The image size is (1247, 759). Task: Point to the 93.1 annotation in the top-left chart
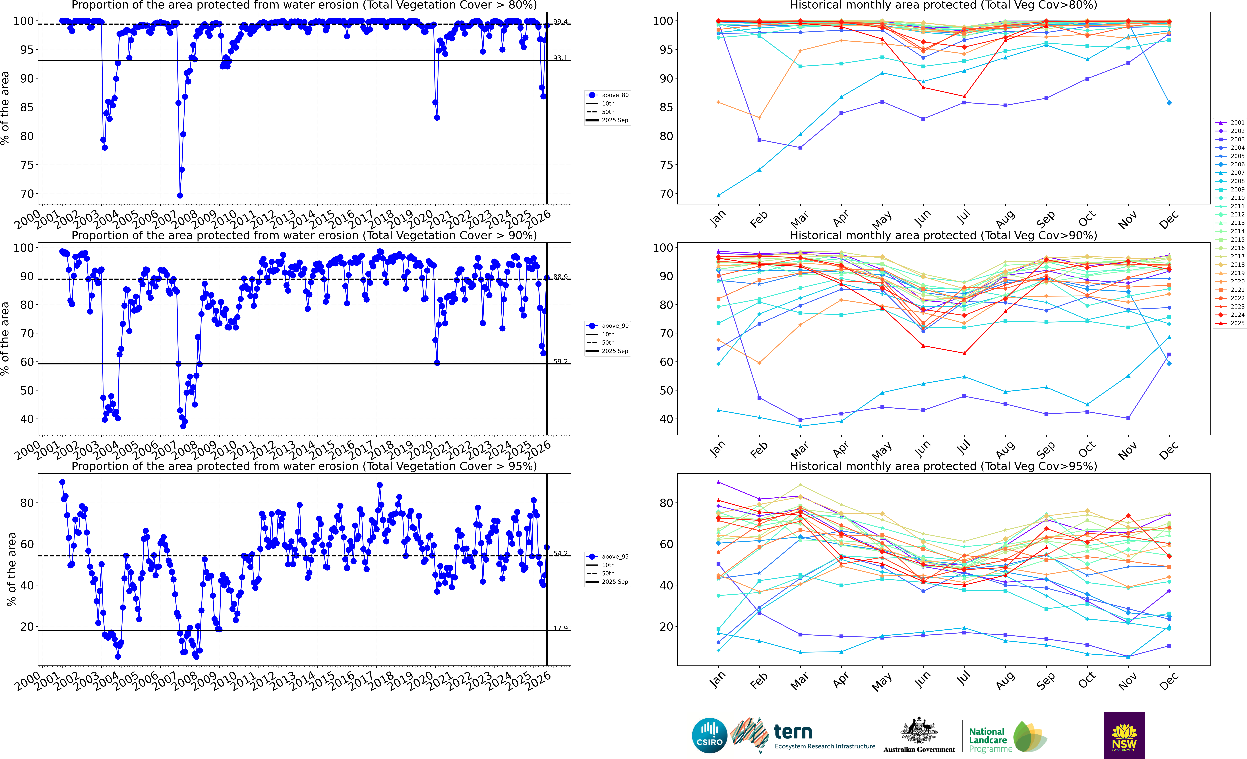[x=560, y=58]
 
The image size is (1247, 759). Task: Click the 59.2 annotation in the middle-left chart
[x=560, y=362]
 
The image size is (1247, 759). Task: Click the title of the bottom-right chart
[x=943, y=466]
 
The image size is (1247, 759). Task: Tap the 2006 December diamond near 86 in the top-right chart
[x=1169, y=103]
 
